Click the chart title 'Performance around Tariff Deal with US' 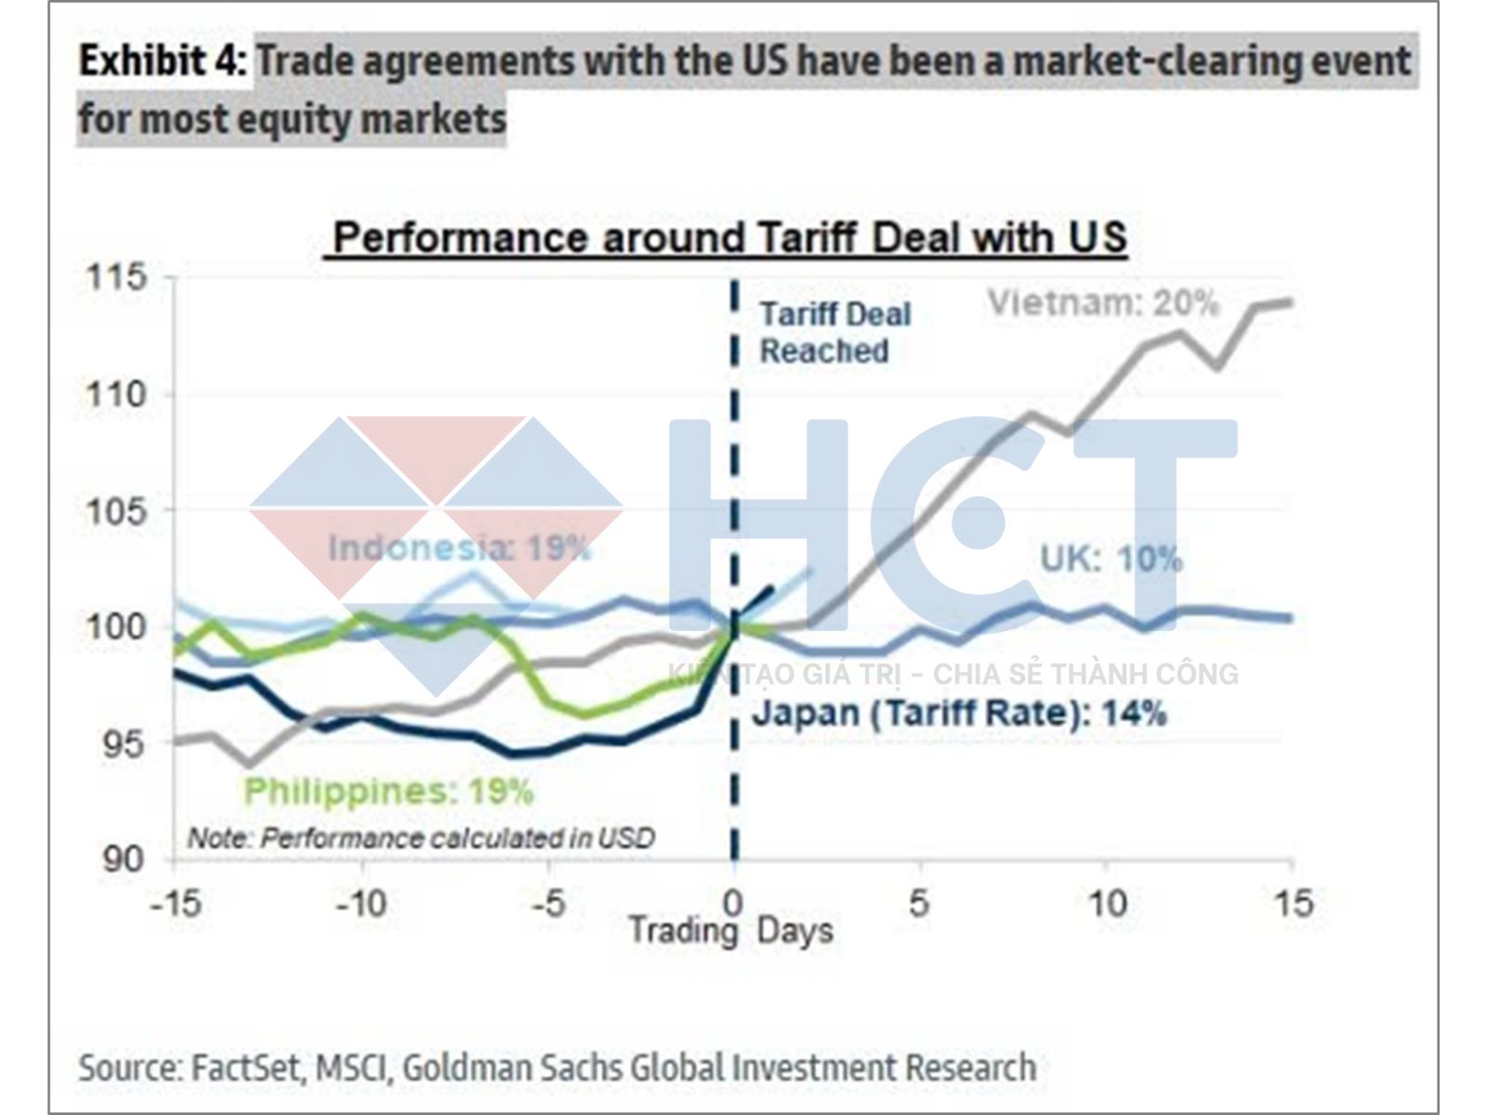click(x=730, y=237)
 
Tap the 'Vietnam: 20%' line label click(x=1102, y=303)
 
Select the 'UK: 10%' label click(x=1111, y=558)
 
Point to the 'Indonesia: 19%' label click(x=459, y=547)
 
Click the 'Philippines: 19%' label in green click(x=388, y=792)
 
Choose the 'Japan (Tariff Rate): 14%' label click(x=958, y=714)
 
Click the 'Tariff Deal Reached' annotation click(x=835, y=333)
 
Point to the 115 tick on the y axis click(x=116, y=277)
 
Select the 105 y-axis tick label click(x=116, y=510)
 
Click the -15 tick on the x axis click(x=175, y=902)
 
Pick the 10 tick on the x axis click(x=1106, y=902)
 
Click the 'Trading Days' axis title click(x=730, y=931)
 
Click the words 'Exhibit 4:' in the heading click(x=164, y=61)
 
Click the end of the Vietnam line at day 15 click(x=1290, y=302)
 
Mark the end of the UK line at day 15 click(x=1290, y=618)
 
